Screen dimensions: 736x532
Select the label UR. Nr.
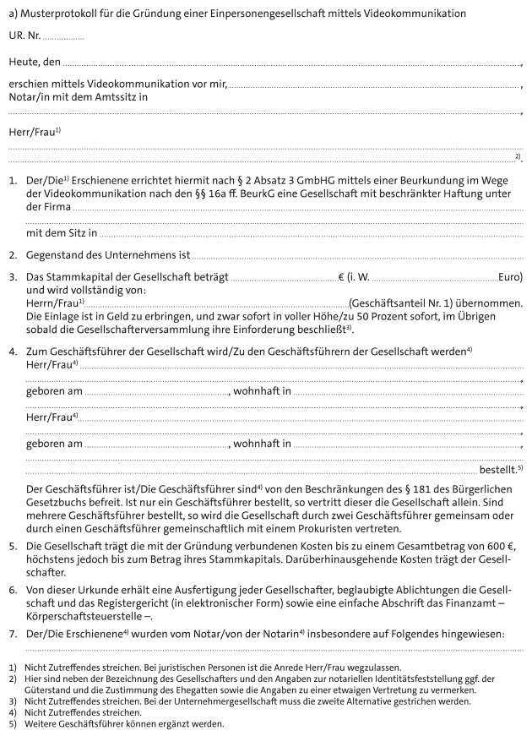24,37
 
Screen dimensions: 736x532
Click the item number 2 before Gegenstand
13,254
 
